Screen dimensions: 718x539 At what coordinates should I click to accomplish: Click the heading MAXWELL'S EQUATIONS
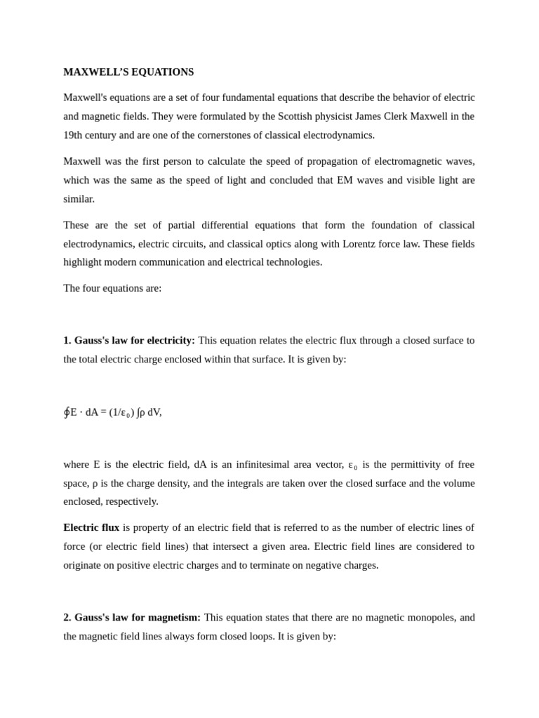click(128, 72)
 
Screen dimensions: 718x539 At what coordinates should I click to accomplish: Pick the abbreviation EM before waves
click(345, 180)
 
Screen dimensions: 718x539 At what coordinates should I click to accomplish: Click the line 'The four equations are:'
click(112, 288)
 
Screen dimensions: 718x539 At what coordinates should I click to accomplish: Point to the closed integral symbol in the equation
click(67, 412)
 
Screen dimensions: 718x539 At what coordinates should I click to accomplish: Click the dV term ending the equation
click(154, 412)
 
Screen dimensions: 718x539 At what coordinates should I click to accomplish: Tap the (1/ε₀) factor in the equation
click(121, 412)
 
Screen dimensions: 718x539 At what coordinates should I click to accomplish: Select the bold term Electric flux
click(91, 527)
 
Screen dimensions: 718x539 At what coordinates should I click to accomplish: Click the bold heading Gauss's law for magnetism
click(137, 618)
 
